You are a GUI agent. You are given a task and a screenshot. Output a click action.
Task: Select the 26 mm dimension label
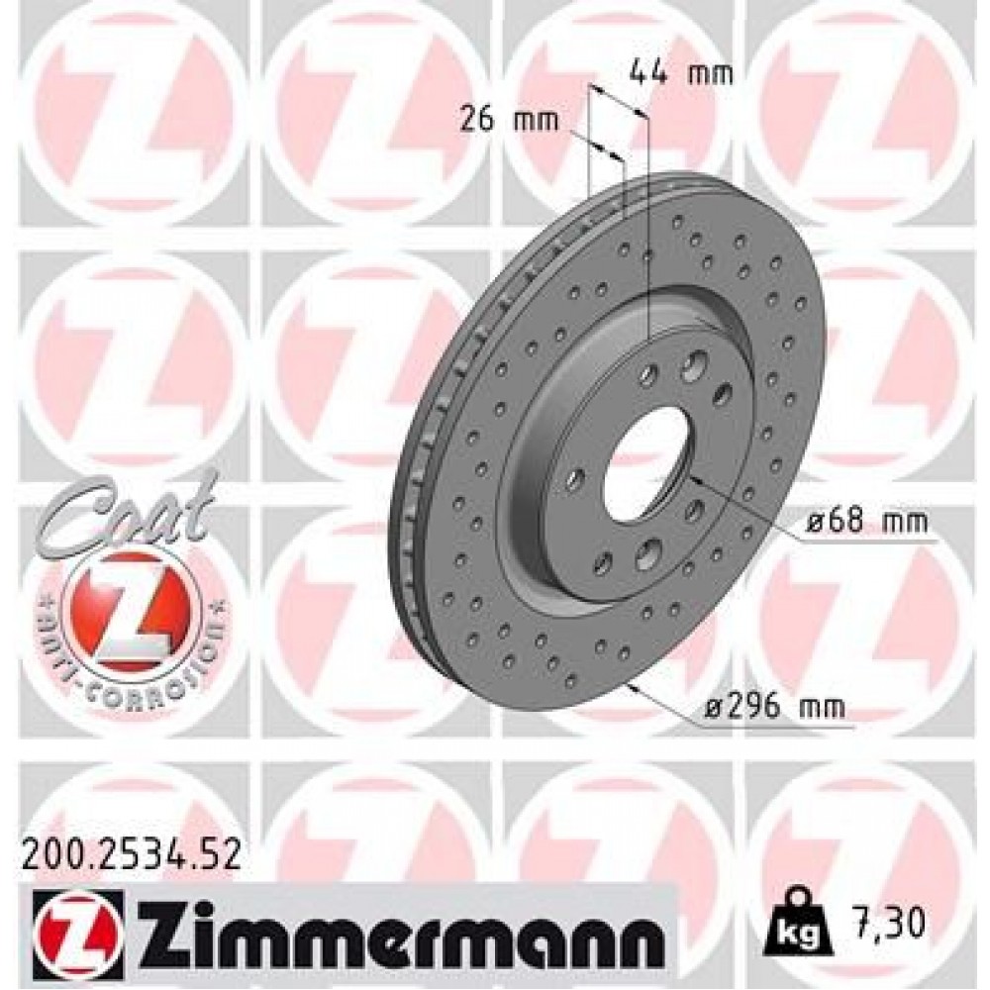[509, 121]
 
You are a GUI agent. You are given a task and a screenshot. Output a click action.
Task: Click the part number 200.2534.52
[130, 854]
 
